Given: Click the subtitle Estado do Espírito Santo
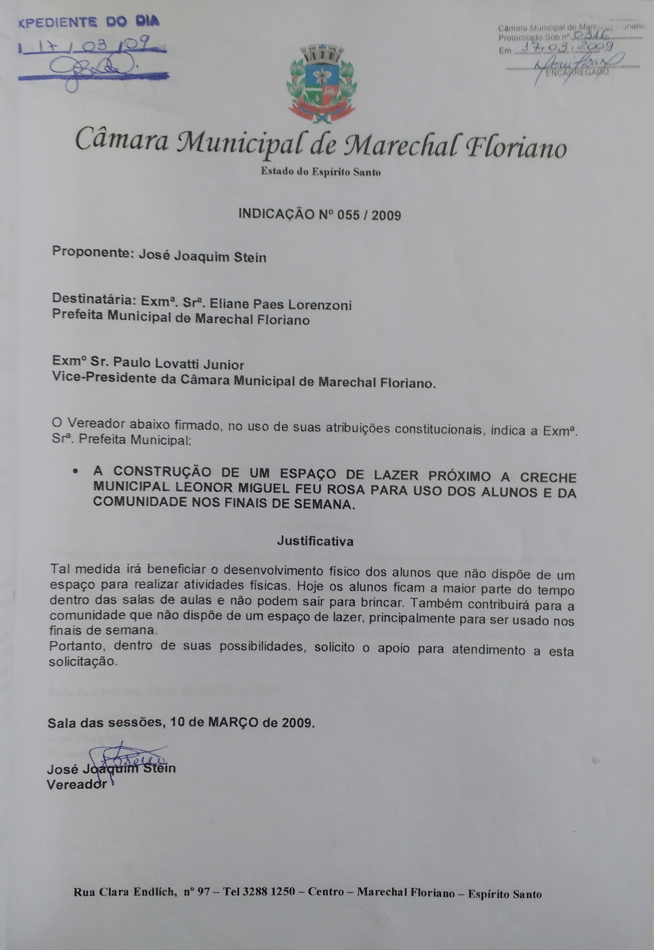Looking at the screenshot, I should click(321, 172).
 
